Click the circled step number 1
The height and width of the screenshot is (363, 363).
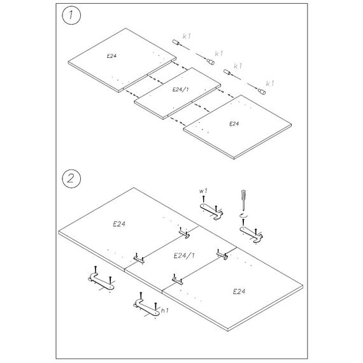coord(71,15)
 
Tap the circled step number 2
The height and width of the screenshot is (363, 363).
coord(71,178)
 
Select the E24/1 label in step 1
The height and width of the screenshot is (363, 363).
coord(181,89)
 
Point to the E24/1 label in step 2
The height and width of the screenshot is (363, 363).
coord(184,255)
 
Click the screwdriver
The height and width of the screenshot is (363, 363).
coord(243,200)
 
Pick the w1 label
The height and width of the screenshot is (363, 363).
coord(203,191)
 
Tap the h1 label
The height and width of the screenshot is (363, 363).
coord(164,310)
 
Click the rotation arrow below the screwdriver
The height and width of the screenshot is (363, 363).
coord(243,216)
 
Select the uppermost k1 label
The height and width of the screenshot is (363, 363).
coord(187,36)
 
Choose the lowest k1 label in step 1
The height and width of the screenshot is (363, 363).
coord(270,83)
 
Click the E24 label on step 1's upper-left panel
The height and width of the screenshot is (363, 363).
coord(111,56)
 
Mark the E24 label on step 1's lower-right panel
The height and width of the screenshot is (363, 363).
coord(234,124)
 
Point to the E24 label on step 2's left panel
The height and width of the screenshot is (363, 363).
coord(119,224)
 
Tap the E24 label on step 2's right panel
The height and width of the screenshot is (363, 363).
coord(239,292)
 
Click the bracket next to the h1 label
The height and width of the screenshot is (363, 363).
coord(146,307)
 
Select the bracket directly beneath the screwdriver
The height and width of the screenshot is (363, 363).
coord(251,234)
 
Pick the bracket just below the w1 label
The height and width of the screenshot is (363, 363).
coord(211,211)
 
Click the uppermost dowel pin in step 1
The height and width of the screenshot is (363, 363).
coord(176,43)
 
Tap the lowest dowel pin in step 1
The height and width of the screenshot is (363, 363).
coord(262,92)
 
